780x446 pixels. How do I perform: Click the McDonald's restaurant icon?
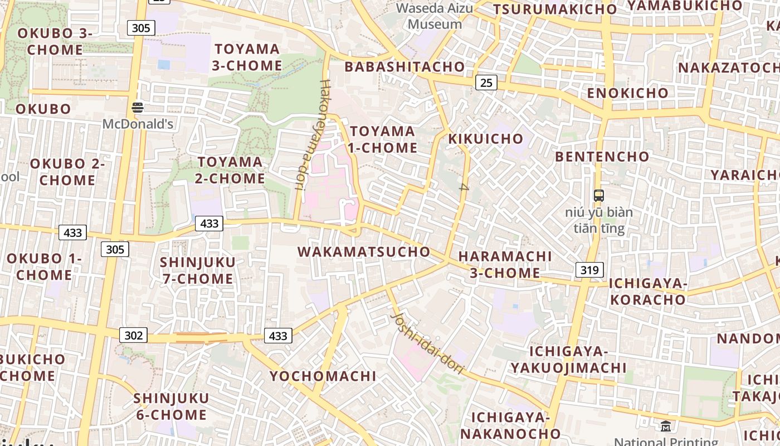point(138,107)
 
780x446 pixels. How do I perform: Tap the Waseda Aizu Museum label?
point(435,16)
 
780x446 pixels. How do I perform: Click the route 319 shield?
point(589,270)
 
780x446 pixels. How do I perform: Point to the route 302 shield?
point(133,335)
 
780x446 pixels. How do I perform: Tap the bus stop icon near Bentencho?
point(599,196)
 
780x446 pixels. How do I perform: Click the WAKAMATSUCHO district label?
point(364,251)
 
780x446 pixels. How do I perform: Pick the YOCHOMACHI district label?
point(323,376)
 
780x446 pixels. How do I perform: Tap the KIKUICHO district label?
point(486,138)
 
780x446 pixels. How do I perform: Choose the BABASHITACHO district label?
point(404,67)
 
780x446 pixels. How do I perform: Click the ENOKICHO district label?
point(627,93)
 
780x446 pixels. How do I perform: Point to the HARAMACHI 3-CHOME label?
point(505,264)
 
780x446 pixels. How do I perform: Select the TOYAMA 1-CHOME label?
point(383,139)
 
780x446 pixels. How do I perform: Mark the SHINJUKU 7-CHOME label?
point(198,270)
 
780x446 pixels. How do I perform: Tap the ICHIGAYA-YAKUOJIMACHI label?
point(568,360)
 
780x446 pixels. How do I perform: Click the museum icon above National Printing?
point(665,426)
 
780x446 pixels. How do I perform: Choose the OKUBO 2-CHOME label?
point(67,172)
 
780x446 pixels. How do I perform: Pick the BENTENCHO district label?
point(602,157)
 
